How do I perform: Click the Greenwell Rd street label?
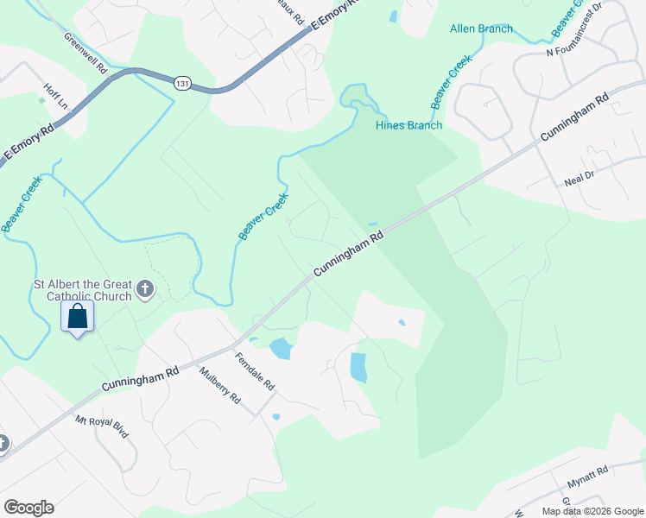(x=85, y=52)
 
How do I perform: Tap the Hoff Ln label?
(x=55, y=96)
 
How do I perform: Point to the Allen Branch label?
(x=481, y=28)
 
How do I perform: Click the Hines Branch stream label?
(x=408, y=125)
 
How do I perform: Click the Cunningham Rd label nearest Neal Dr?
(x=574, y=118)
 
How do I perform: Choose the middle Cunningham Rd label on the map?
(x=348, y=253)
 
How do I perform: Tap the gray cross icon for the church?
(x=145, y=289)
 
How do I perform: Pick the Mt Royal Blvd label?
(x=102, y=427)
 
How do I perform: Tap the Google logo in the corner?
(x=28, y=508)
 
